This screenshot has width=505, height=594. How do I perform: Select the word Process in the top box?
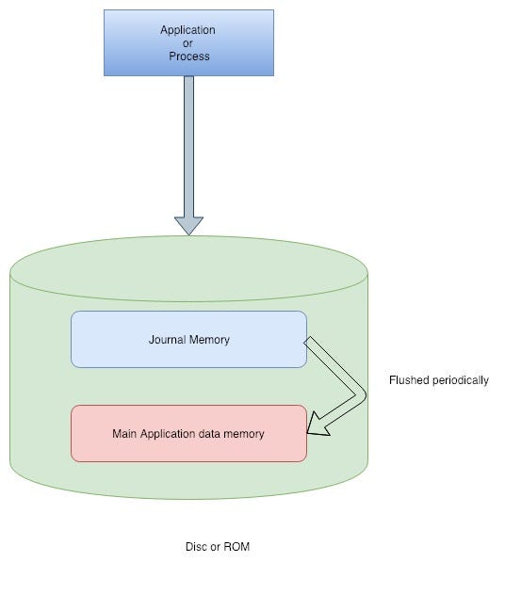click(x=188, y=56)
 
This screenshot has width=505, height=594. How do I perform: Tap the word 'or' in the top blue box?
click(x=188, y=43)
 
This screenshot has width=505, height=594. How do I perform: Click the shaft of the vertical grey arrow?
click(x=188, y=141)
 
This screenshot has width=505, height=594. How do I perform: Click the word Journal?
click(x=169, y=339)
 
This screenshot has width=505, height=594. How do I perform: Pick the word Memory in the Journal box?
click(x=209, y=339)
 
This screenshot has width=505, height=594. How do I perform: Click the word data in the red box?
click(x=213, y=434)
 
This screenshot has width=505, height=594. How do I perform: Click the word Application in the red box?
click(x=170, y=434)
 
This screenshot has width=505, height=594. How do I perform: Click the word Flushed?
click(x=410, y=380)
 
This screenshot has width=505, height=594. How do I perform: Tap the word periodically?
click(x=461, y=380)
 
